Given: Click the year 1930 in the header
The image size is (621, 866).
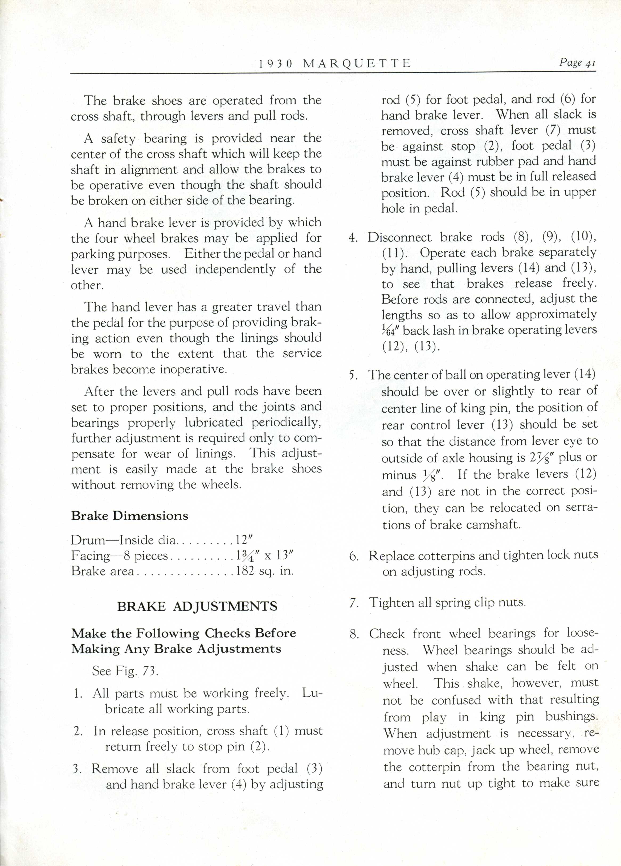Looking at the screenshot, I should pyautogui.click(x=276, y=63).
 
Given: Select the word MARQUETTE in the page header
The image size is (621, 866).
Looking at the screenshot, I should pyautogui.click(x=357, y=63).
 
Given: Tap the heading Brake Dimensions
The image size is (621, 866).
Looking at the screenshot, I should pyautogui.click(x=129, y=516).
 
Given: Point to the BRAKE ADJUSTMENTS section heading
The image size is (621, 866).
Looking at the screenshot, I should pyautogui.click(x=197, y=606).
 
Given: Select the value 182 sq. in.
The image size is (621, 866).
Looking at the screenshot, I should pyautogui.click(x=265, y=571).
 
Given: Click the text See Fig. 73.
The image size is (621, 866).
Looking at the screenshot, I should pyautogui.click(x=125, y=671).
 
